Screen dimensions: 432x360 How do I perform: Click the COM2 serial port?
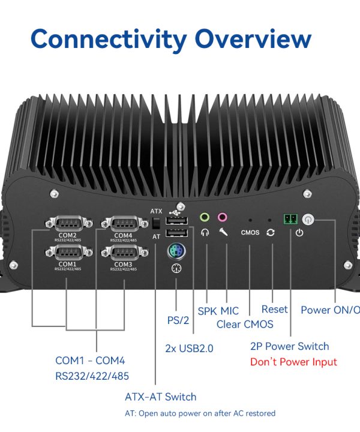[x=68, y=224]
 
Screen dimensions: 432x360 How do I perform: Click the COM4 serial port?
[x=123, y=224]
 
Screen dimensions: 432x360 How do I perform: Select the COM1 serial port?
[x=68, y=253]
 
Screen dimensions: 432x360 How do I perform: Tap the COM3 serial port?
[x=123, y=253]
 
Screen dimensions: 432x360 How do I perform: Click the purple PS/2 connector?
[x=176, y=251]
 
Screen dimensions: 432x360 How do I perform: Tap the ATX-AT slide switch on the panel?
[x=156, y=223]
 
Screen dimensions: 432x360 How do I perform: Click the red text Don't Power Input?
[x=293, y=362]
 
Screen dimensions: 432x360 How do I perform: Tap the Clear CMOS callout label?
[x=245, y=325]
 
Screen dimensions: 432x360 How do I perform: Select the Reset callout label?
[x=274, y=310]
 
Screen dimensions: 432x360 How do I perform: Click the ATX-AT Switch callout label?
[x=160, y=397]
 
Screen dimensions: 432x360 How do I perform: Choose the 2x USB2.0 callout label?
[x=189, y=348]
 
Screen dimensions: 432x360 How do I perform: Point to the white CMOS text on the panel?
[x=250, y=232]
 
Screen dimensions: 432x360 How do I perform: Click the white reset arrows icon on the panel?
[x=271, y=232]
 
